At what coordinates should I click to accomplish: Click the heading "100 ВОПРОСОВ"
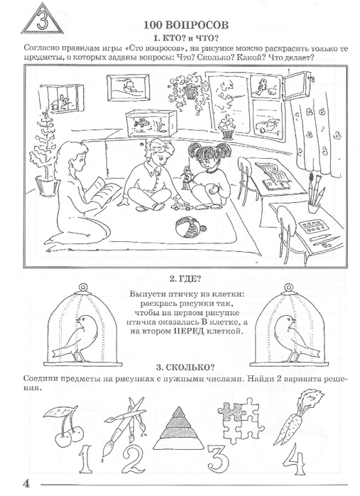186,26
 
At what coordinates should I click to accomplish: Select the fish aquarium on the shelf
150,123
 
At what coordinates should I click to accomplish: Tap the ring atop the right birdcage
288,287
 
